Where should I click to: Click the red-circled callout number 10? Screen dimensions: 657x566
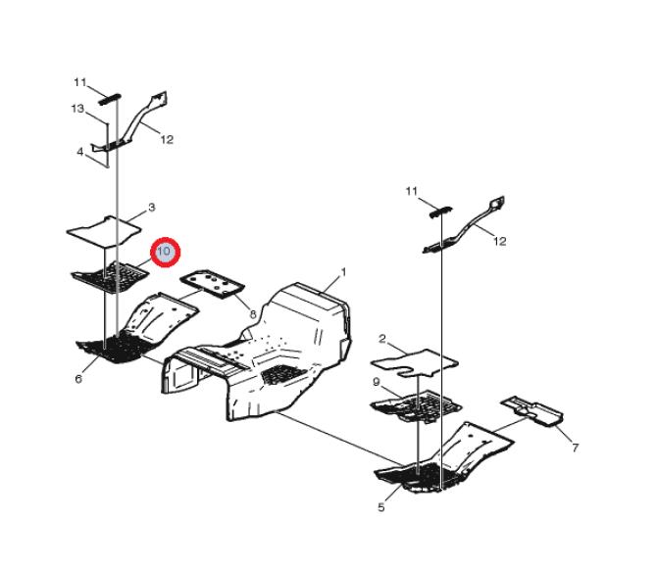[165, 251]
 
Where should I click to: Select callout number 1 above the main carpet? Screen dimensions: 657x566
[343, 272]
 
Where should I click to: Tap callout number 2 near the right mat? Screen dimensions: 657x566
[382, 339]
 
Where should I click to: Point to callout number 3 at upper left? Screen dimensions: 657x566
[152, 207]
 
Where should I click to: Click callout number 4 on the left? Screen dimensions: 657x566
[80, 152]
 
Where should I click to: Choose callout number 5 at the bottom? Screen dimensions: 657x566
[380, 507]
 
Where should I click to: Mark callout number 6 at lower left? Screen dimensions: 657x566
[78, 379]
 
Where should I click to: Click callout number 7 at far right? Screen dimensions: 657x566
[576, 448]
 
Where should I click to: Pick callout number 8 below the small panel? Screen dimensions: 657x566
[253, 314]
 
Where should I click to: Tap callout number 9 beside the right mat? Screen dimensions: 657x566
[376, 382]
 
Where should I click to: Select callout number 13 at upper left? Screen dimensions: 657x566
[77, 109]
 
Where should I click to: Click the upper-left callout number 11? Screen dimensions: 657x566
[80, 82]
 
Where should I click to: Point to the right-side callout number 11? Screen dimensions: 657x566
[412, 191]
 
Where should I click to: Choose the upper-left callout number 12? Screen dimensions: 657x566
[167, 139]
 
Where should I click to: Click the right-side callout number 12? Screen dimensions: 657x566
[500, 241]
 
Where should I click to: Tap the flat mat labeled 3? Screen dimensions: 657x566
[104, 231]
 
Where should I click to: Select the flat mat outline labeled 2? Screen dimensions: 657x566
[415, 362]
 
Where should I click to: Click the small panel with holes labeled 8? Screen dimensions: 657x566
[212, 284]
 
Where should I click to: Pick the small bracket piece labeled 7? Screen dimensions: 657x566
[532, 411]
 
